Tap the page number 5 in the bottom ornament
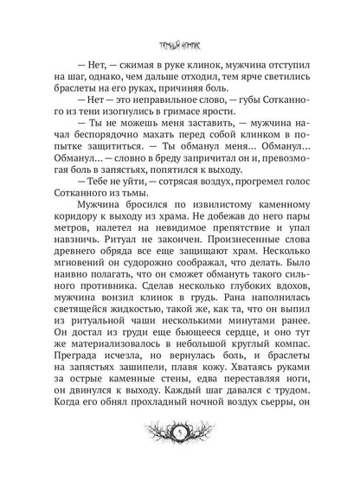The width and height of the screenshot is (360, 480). (180, 456)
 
